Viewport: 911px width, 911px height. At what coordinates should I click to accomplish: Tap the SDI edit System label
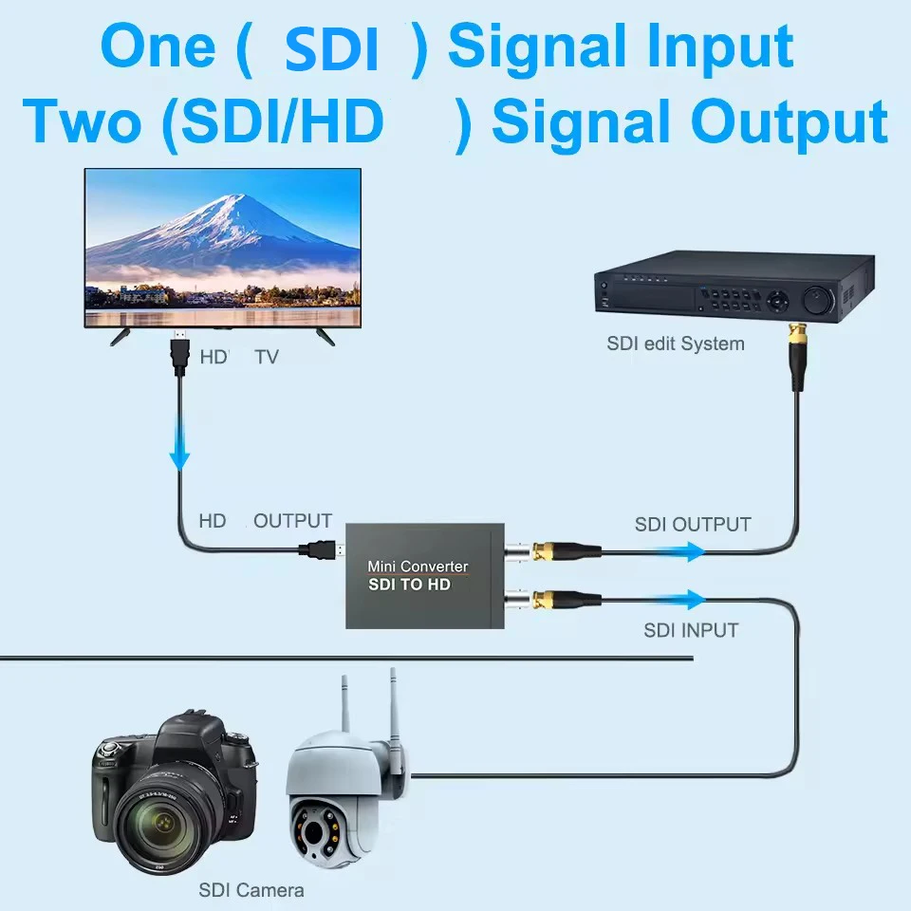(676, 344)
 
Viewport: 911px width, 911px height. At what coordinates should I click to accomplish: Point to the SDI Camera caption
(251, 890)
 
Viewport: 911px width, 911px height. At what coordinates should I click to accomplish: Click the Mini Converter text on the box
(418, 567)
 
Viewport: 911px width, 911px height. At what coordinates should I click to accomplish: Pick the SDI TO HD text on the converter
(409, 585)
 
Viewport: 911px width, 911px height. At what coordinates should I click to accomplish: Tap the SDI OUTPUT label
(693, 524)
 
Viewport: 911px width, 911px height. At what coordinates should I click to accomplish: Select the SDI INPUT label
(691, 629)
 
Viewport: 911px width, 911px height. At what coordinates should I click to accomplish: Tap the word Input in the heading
(739, 47)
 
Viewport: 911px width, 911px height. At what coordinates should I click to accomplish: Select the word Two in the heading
(84, 123)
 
